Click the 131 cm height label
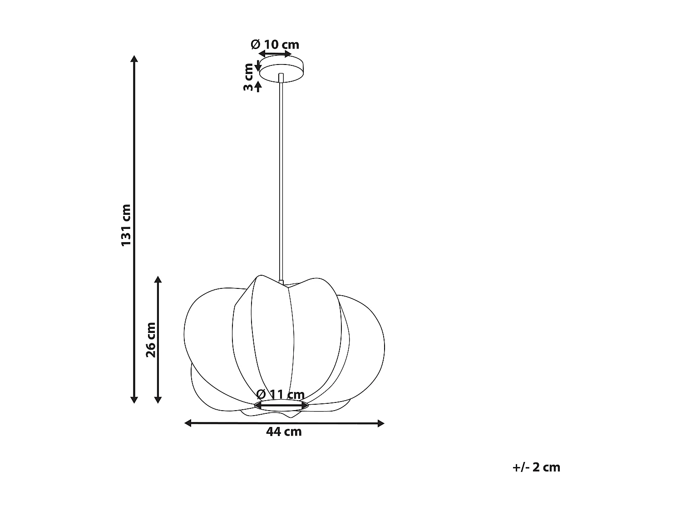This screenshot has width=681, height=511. (126, 225)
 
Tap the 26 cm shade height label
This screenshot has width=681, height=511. (151, 340)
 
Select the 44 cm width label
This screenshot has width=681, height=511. (284, 432)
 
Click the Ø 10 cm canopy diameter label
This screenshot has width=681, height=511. (275, 45)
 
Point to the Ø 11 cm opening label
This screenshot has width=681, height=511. (280, 394)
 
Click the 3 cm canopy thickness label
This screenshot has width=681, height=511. (248, 77)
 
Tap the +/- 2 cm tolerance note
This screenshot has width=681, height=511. (536, 467)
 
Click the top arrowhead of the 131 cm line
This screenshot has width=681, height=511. (134, 59)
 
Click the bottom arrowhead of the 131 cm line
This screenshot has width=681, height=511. (134, 399)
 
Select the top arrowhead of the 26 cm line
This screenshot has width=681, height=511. (158, 279)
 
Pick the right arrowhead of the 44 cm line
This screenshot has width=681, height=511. (380, 423)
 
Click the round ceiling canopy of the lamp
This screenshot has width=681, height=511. (281, 68)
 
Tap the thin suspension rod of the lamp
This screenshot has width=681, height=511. (281, 182)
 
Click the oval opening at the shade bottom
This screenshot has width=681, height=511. (281, 406)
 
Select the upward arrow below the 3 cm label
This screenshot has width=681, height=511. (258, 86)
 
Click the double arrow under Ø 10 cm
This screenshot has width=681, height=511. (275, 54)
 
